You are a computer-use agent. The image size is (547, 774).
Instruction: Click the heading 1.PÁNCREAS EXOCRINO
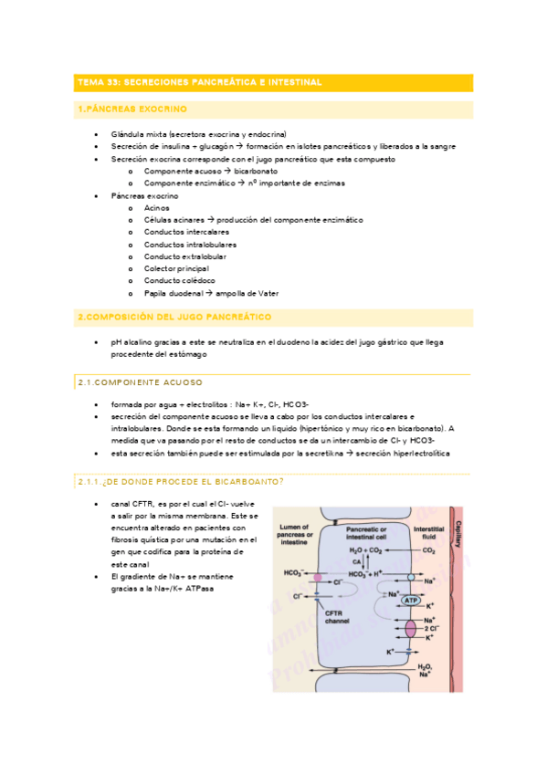(132, 110)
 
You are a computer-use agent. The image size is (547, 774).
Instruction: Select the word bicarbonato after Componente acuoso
(256, 171)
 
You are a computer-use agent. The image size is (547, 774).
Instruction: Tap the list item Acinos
(157, 208)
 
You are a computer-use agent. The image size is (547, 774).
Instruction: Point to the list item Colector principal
(176, 269)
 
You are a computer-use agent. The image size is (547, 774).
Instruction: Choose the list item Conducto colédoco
(179, 281)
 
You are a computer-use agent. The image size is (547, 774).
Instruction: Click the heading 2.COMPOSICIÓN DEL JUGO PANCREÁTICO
(174, 318)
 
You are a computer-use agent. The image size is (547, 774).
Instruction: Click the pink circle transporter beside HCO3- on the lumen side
(318, 579)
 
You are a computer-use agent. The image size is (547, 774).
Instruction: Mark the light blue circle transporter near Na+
(412, 579)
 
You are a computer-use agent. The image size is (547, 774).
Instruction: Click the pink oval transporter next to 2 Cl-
(412, 630)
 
